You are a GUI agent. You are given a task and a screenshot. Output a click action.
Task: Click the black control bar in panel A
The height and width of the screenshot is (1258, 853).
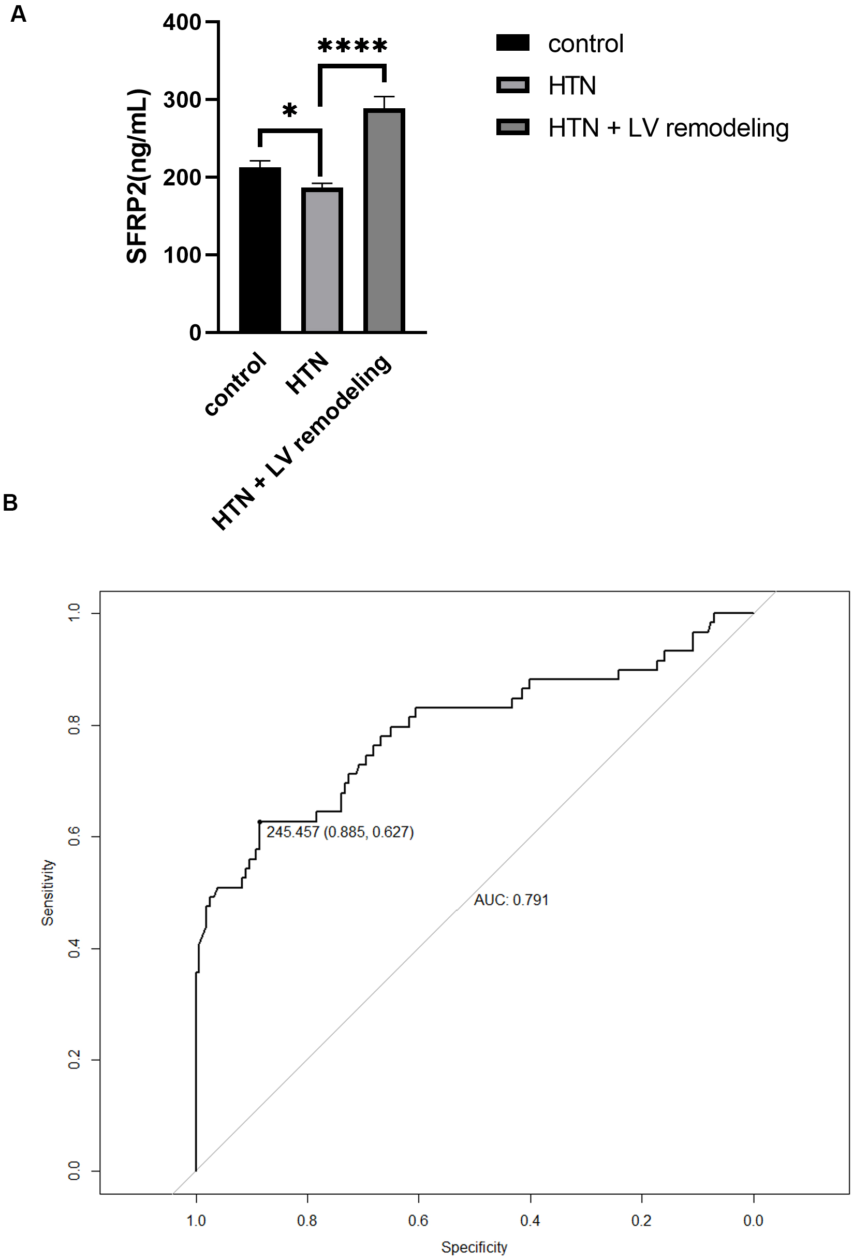point(260,249)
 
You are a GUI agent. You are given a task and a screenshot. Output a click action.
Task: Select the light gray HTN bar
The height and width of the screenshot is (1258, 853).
point(322,260)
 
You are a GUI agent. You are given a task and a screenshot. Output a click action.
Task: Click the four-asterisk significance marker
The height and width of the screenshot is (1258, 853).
point(352,46)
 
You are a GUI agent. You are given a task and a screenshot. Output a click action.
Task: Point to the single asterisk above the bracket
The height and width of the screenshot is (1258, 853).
point(290,111)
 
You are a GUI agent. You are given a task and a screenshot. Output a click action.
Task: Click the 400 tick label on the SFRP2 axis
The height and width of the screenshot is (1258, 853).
point(182,23)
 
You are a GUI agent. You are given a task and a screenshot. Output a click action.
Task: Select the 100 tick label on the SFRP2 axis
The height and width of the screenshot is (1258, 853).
point(182,255)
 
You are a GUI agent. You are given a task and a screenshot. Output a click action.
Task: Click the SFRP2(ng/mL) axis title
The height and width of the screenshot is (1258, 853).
point(137,177)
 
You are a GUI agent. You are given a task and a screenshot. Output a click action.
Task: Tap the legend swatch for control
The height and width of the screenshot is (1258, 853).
point(513,43)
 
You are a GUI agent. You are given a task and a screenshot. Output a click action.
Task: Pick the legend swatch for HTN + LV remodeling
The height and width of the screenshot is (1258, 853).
point(513,128)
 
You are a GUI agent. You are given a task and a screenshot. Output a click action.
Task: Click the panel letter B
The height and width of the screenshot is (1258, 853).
point(10,503)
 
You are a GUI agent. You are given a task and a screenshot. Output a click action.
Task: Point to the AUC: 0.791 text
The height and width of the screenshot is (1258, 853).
point(511,900)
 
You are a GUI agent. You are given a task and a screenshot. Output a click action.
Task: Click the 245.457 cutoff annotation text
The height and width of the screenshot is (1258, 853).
point(340,832)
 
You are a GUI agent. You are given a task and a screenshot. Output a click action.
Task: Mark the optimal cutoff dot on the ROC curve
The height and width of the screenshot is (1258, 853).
point(260,822)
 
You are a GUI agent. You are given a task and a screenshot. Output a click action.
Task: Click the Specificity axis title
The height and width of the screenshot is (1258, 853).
point(474,1247)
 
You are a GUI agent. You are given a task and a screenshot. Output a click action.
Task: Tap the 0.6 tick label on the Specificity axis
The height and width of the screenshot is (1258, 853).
point(418,1221)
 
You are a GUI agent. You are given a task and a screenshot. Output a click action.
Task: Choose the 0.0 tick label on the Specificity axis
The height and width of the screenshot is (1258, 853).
point(753,1221)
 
